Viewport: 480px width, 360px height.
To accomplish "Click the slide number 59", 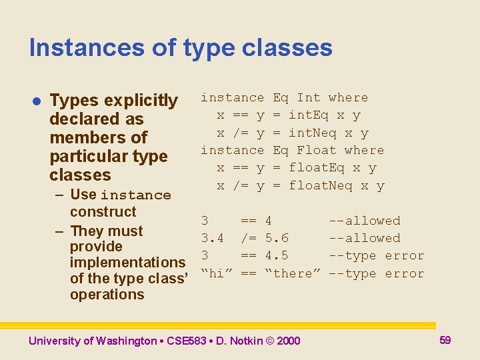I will point(445,340).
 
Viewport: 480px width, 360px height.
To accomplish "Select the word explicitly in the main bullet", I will point(141,101).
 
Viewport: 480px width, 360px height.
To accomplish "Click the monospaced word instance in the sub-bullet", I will point(136,195).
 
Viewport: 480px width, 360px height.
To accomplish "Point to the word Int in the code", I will point(308,98).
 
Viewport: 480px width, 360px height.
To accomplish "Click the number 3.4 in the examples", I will point(213,238).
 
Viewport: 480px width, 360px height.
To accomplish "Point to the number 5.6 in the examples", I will point(277,238).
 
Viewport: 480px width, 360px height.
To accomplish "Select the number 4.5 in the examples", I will point(277,255).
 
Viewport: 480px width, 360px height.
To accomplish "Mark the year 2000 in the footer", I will point(288,341).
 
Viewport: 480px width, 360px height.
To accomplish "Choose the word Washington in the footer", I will point(125,341).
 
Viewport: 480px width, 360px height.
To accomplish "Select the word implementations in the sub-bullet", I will point(127,262).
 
